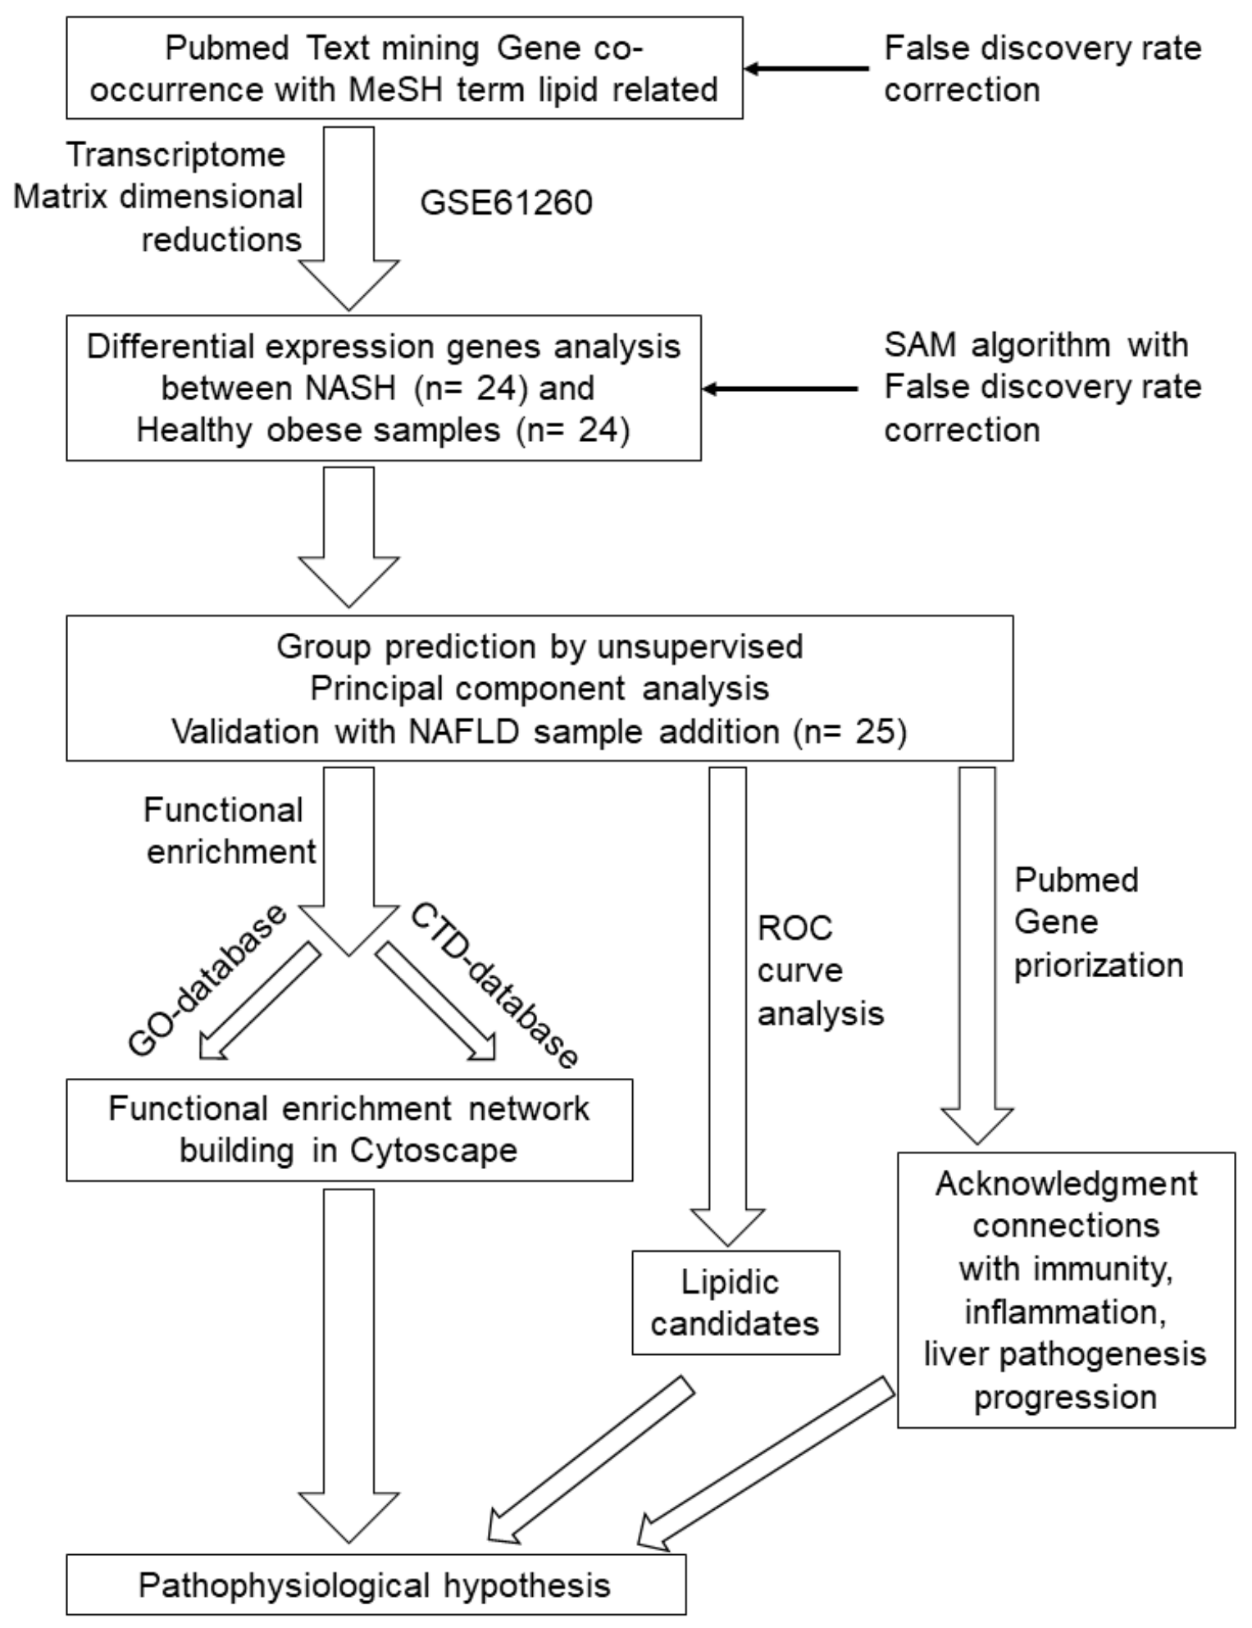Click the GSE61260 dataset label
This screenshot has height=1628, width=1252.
(x=506, y=203)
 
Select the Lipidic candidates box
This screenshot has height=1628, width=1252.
(x=735, y=1303)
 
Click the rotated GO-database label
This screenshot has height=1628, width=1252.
(x=207, y=981)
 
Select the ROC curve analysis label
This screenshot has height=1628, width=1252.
(x=819, y=971)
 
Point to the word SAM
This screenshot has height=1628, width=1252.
(x=921, y=345)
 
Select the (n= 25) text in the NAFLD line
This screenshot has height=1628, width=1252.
(x=849, y=731)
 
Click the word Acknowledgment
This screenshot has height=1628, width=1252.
(x=1066, y=1184)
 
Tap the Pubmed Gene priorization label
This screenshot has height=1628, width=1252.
(x=1097, y=922)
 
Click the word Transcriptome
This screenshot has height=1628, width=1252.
(x=175, y=155)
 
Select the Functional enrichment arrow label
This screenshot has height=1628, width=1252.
(x=229, y=831)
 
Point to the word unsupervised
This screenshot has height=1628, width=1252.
(x=699, y=647)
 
